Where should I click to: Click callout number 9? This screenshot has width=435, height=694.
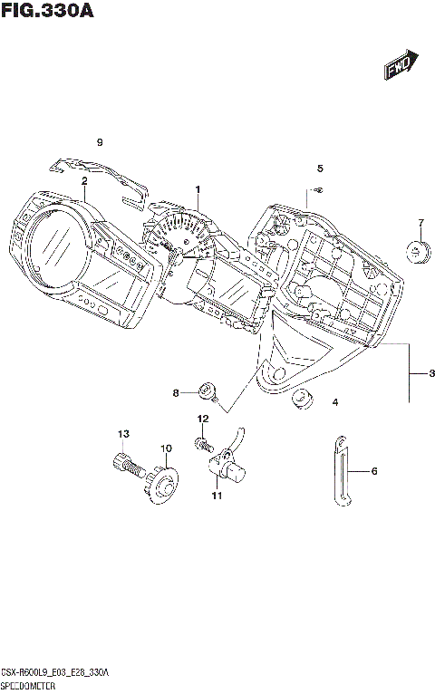click(x=101, y=142)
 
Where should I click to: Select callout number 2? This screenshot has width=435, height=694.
click(x=83, y=180)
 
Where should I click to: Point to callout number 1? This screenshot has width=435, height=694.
click(x=197, y=188)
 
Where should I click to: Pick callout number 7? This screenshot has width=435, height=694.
click(x=420, y=223)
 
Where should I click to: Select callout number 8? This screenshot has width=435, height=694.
click(x=179, y=392)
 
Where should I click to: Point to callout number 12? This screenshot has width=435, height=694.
click(x=203, y=418)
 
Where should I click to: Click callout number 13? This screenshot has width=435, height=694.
click(x=123, y=434)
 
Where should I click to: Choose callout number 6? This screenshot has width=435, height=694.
click(x=373, y=471)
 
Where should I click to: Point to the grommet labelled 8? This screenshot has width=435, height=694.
click(x=208, y=391)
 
